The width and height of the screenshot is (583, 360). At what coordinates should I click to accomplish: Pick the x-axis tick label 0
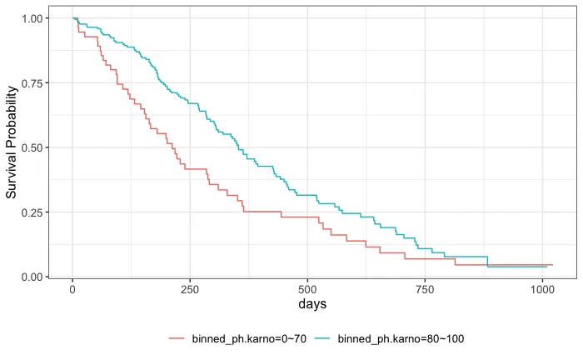(72, 289)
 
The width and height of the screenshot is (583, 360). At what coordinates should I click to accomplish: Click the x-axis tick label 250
(190, 289)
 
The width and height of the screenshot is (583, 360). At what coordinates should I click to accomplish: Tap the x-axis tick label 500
(307, 289)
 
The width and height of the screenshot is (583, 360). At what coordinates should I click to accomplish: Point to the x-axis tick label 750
(425, 289)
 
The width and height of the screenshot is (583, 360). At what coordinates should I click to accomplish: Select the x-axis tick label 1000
(542, 289)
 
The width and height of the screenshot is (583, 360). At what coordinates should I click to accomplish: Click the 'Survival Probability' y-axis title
(12, 147)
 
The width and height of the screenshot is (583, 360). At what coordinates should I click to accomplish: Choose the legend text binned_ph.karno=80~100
(393, 338)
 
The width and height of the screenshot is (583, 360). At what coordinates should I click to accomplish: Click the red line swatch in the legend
(177, 338)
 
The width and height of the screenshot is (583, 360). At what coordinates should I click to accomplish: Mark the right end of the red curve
(552, 265)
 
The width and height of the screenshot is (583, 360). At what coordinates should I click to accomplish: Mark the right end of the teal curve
(546, 267)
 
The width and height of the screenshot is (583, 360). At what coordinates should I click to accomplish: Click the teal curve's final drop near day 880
(487, 262)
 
